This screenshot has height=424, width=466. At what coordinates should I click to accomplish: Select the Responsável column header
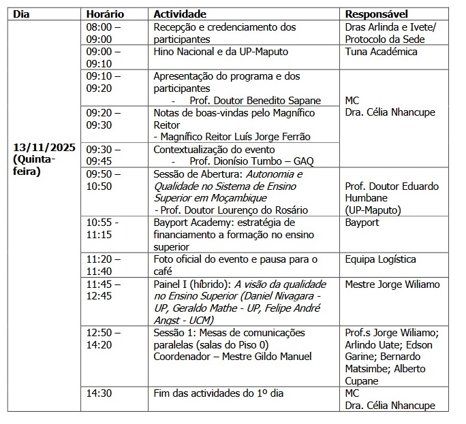(x=377, y=14)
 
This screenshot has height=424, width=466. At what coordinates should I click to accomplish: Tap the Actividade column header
(x=180, y=14)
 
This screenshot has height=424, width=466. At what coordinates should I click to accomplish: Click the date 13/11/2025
(x=44, y=147)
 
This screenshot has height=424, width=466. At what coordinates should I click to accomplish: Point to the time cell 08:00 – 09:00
(x=104, y=33)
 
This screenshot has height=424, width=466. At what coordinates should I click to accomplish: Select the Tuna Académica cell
(x=382, y=52)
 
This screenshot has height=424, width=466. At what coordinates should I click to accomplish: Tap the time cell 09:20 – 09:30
(x=104, y=118)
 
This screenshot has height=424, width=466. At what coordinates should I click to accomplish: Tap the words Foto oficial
(x=181, y=259)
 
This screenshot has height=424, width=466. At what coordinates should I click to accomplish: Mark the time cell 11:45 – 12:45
(x=104, y=290)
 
